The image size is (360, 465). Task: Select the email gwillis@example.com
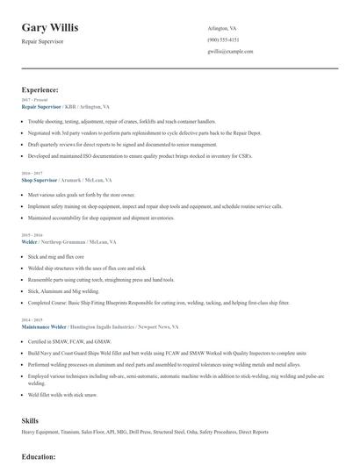[230, 51]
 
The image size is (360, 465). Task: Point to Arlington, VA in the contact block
[222, 28]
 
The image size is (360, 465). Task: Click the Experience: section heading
[40, 89]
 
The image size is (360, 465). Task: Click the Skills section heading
[30, 420]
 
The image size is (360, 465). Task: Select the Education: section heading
[39, 457]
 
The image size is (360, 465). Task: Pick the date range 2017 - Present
[34, 100]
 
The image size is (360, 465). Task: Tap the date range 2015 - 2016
[32, 235]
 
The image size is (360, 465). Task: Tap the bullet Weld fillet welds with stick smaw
[63, 396]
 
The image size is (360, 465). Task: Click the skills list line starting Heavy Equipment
[145, 432]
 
